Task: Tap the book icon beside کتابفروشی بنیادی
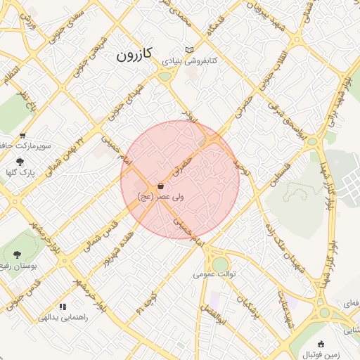pos(188,50)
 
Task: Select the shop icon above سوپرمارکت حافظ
pos(22,136)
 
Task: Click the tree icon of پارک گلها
pos(19,162)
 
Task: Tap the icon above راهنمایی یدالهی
pos(63,307)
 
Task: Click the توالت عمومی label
pos(217,273)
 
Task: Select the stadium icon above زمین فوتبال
pos(321,344)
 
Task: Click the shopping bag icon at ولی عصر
pos(162,186)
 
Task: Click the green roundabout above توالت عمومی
pos(221,264)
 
